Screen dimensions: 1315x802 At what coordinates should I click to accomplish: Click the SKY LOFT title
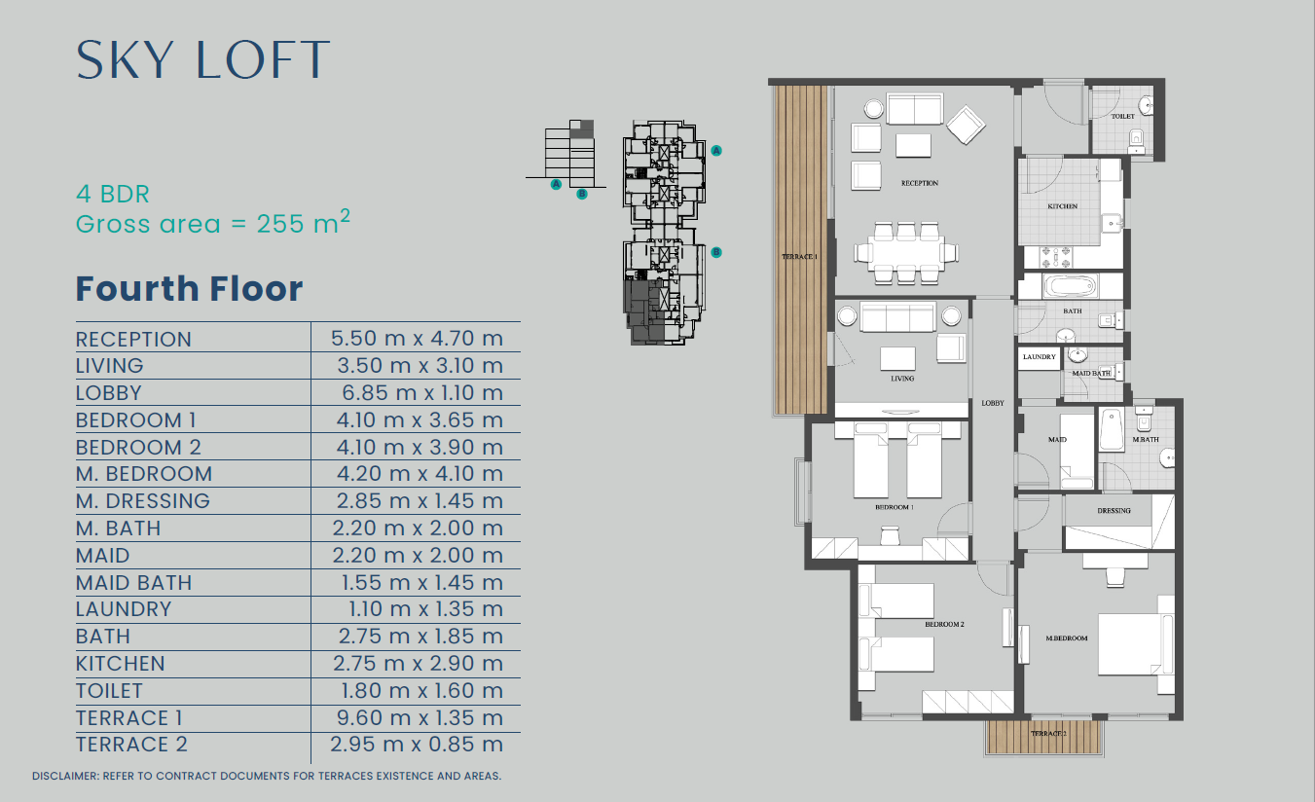(202, 59)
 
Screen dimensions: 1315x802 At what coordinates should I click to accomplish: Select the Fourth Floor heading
(189, 289)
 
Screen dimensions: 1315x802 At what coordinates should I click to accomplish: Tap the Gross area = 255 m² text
(213, 223)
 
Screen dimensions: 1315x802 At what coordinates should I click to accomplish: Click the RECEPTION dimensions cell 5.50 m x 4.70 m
(417, 338)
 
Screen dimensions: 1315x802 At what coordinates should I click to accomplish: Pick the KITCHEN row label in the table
(121, 664)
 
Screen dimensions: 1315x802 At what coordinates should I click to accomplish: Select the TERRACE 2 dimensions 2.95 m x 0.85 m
(417, 745)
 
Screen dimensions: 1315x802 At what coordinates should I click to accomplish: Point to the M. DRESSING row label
(143, 501)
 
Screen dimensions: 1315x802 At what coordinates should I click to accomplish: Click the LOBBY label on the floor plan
(993, 403)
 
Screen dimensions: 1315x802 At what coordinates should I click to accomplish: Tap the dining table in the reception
(906, 252)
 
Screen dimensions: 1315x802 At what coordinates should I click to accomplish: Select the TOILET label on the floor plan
(1122, 116)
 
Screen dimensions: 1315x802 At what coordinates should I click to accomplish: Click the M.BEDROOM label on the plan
(1067, 638)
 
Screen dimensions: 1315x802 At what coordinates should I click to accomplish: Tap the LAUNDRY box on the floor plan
(1040, 357)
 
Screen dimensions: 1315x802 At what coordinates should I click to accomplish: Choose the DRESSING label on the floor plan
(1114, 511)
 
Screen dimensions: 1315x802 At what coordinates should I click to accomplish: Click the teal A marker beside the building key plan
(716, 151)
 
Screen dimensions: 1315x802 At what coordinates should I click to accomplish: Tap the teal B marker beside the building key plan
(716, 252)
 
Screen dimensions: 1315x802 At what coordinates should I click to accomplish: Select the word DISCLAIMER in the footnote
(64, 776)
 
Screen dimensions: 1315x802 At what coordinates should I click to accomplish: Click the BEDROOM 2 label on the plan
(944, 624)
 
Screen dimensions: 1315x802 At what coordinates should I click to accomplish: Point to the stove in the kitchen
(1056, 257)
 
